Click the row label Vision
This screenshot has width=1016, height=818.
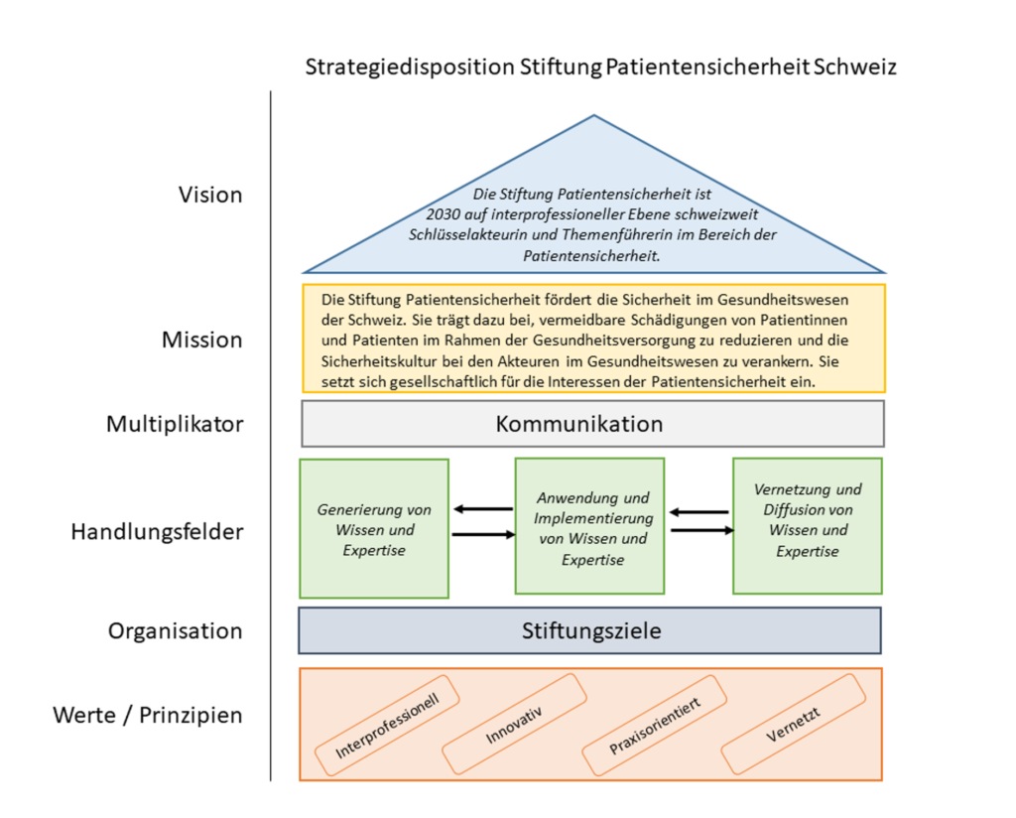210,195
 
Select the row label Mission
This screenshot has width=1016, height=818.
201,340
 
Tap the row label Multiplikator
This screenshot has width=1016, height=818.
175,424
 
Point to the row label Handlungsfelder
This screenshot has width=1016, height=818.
158,531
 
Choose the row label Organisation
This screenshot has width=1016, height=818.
175,630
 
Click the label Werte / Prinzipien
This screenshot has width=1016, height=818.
148,715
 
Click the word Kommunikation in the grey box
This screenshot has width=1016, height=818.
579,424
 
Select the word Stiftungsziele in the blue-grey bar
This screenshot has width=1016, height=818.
591,630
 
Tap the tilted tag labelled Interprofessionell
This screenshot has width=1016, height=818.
387,726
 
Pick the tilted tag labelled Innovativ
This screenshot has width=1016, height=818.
515,724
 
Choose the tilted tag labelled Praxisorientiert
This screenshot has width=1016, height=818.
655,726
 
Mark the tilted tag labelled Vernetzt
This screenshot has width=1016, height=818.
793,725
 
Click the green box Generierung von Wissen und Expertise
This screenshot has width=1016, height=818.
374,528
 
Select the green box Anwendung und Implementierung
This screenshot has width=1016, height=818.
589,526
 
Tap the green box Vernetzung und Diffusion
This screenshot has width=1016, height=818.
808,526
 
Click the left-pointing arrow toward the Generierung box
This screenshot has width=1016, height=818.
483,509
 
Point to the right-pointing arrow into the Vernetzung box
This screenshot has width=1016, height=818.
702,530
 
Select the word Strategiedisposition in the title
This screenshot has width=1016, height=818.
410,67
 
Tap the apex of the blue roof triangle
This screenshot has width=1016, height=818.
593,115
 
